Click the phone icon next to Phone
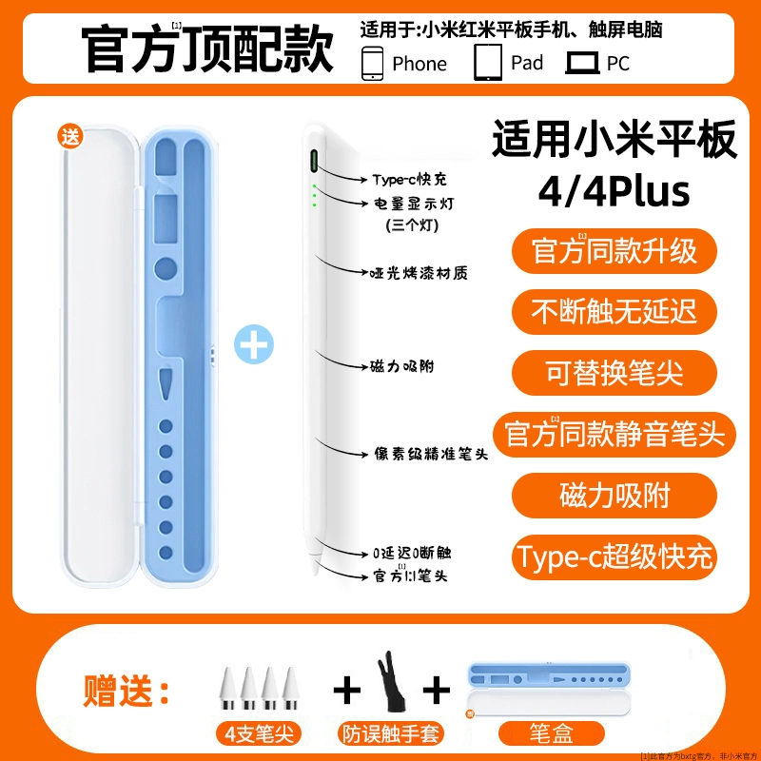pos(372,63)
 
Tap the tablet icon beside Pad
pos(488,62)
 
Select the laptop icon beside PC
pos(582,64)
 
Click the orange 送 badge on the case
pos(69,137)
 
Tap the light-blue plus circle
pos(254,344)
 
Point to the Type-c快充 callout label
pos(410,180)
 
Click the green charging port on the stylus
pos(314,161)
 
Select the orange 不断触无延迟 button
pos(614,312)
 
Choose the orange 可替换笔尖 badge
pos(614,373)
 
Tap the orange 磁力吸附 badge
pos(614,496)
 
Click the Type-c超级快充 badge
pos(614,557)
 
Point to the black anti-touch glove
pos(391,682)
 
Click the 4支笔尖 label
pos(259,733)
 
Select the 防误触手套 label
pos(391,733)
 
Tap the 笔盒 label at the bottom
pos(552,733)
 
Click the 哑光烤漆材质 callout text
pos(419,273)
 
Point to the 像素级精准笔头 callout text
pos(431,454)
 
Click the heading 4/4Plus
pos(614,191)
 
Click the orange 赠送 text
pos(127,691)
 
